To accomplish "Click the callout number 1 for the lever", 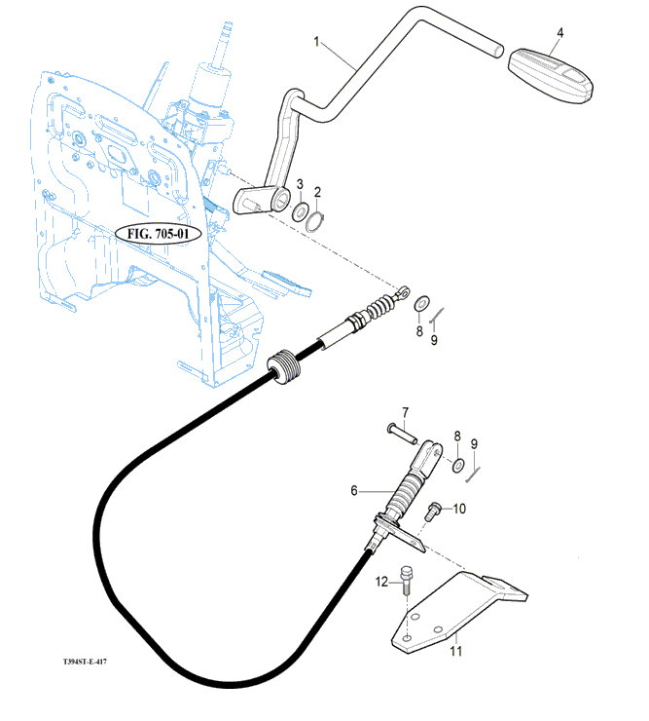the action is pos(316,42).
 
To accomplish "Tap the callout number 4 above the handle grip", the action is pos(559,33).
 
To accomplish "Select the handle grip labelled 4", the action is pos(551,75).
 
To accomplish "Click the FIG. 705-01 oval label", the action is pos(158,234).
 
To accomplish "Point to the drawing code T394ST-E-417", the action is pos(85,662).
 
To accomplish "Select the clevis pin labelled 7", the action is pos(402,435).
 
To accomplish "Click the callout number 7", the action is pos(405,412).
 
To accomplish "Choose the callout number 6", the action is pos(353,491).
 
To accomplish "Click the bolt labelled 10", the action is pos(432,512).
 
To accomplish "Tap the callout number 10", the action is pos(459,509).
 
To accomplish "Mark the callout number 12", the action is pos(381,582).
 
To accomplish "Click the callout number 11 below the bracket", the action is pos(455,651).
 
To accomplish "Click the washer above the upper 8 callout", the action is pos(421,303).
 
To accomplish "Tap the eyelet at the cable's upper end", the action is pos(403,291).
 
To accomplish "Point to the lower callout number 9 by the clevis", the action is pos(474,443).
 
